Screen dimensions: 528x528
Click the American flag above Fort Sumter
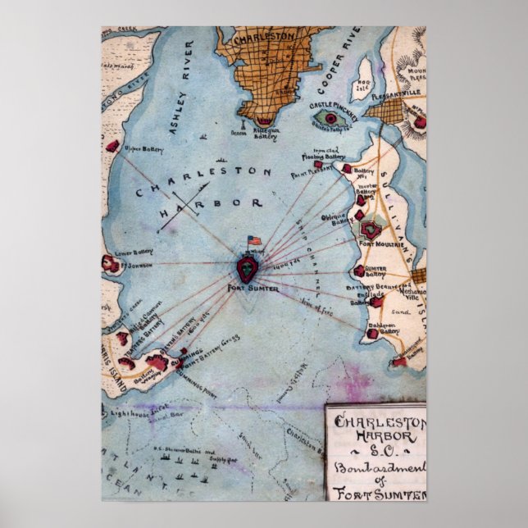click(x=253, y=241)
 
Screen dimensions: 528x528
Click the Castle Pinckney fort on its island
click(x=331, y=119)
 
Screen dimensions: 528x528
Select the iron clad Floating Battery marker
click(x=347, y=169)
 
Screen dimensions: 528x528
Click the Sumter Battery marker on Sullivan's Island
click(x=358, y=270)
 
